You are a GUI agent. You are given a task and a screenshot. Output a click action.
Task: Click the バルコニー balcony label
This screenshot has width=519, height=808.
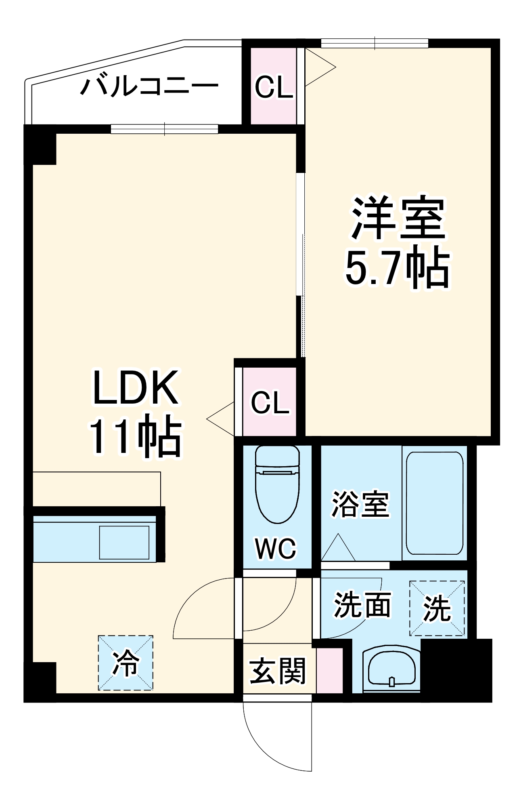[149, 86]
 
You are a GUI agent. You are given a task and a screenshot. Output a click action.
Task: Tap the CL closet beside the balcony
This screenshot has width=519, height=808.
[274, 86]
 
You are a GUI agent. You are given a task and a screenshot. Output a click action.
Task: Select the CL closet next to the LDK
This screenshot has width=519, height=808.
[270, 402]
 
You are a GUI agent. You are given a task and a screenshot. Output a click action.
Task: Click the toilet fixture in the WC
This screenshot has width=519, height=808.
[277, 485]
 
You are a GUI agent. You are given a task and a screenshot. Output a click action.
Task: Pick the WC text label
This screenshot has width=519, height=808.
[276, 548]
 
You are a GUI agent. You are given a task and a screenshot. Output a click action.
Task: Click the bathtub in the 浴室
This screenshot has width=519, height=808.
[434, 503]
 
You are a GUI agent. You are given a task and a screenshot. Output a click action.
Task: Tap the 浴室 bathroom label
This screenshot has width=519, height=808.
[360, 504]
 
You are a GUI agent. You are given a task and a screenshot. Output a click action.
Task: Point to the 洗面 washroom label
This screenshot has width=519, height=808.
[362, 605]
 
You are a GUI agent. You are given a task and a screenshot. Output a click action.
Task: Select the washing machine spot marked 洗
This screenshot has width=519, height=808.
[437, 608]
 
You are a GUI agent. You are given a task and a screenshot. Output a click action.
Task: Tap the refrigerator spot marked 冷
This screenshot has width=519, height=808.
[126, 663]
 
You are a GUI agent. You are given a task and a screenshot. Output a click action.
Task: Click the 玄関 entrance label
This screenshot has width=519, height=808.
[278, 671]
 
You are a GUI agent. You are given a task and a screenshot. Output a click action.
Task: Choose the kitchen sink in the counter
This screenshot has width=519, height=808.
[124, 543]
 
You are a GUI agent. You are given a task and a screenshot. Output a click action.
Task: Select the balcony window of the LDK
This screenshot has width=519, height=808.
[164, 129]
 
